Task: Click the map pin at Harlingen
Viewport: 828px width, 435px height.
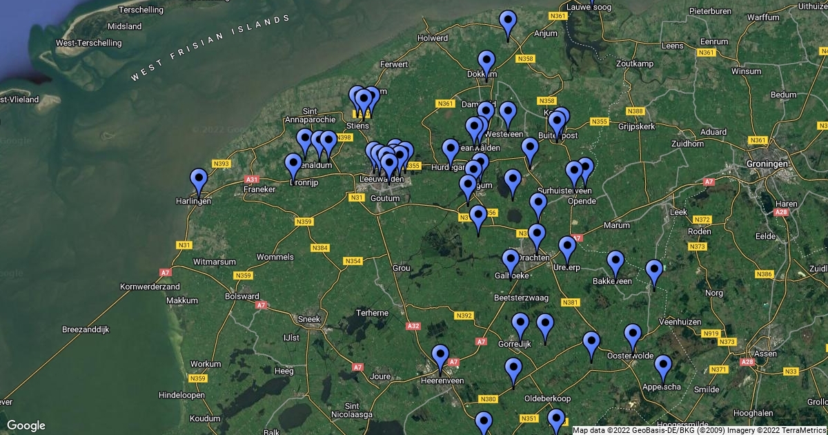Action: coord(199,181)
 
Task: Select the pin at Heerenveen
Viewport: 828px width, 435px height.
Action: coord(440,358)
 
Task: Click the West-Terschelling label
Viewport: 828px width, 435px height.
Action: coord(88,43)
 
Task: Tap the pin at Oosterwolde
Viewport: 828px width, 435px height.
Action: coord(633,336)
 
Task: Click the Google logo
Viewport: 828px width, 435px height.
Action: coord(26,425)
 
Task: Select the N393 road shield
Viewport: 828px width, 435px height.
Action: coord(221,164)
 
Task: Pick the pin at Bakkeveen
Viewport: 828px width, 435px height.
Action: coord(615,262)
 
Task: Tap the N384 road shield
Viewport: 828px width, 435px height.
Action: coord(320,248)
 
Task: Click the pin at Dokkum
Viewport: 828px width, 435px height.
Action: coord(486,63)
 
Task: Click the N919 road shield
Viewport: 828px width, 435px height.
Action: coord(710,333)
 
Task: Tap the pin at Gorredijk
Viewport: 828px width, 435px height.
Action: coord(520,325)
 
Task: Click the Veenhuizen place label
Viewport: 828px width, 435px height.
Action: coord(680,322)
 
